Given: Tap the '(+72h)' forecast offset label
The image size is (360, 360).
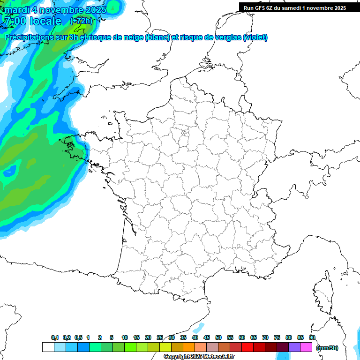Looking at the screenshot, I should click(81, 21).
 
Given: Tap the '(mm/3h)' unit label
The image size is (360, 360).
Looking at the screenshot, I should click(327, 347).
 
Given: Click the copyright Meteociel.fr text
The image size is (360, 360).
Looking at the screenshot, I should click(199, 357).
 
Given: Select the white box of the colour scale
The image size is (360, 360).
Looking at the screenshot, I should click(48, 347).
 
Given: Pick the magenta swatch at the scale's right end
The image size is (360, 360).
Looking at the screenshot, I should click(306, 347).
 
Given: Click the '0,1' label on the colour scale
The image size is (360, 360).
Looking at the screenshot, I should click(55, 337).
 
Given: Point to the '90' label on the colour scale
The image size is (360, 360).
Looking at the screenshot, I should click(312, 337).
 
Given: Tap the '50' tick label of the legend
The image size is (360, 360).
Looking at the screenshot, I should click(218, 337).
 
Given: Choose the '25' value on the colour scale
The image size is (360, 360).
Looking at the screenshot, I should click(160, 337).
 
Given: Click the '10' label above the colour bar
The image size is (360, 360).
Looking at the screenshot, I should click(125, 337).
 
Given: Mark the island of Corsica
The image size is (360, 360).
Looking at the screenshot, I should click(323, 293).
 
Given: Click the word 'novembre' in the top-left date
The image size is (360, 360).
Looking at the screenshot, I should click(57, 9).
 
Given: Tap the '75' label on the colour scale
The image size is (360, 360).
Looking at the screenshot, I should click(277, 337).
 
